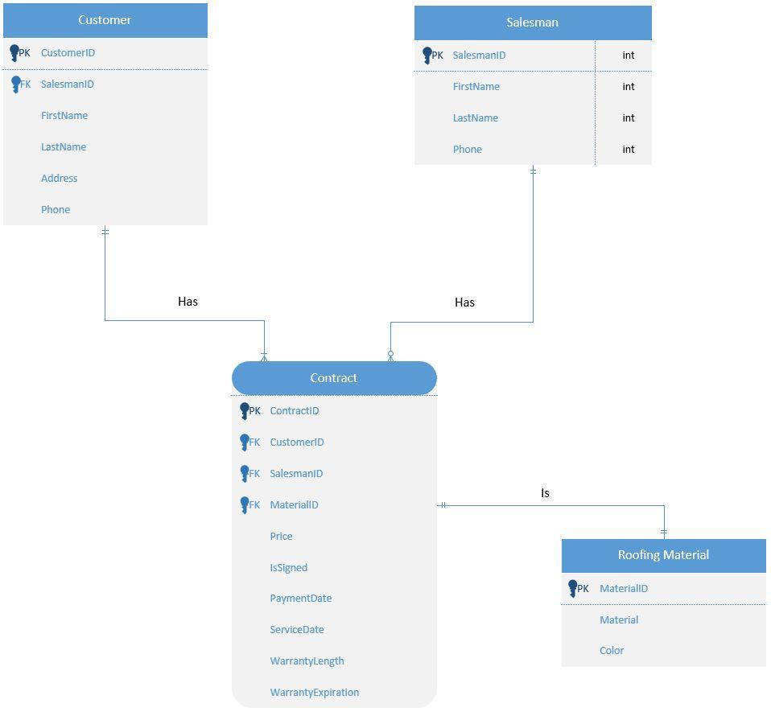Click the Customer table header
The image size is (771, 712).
click(105, 20)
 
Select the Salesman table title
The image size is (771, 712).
click(532, 23)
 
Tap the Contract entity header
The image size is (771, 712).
click(334, 378)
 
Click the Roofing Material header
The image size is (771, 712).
click(663, 555)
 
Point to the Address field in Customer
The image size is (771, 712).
click(60, 179)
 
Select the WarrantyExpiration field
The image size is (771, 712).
click(315, 693)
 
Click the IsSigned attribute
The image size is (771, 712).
click(289, 568)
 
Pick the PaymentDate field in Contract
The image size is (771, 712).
click(301, 599)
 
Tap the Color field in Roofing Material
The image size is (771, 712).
click(612, 651)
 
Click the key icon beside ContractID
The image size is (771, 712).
click(245, 411)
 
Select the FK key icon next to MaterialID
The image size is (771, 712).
click(245, 505)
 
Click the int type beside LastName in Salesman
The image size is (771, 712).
click(629, 118)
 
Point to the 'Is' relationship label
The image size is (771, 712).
click(545, 493)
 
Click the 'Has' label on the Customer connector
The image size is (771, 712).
click(188, 302)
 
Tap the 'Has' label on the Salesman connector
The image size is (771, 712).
click(464, 302)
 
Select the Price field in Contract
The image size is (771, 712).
click(282, 537)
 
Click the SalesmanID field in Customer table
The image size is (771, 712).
click(68, 84)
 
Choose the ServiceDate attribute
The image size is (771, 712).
click(297, 630)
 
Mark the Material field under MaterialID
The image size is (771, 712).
click(619, 620)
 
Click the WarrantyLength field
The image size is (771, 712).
click(307, 661)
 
